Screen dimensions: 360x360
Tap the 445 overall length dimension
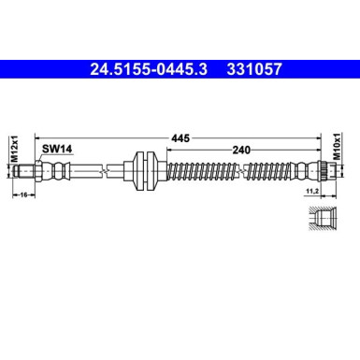(180, 138)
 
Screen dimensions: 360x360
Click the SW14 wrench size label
(55, 148)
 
